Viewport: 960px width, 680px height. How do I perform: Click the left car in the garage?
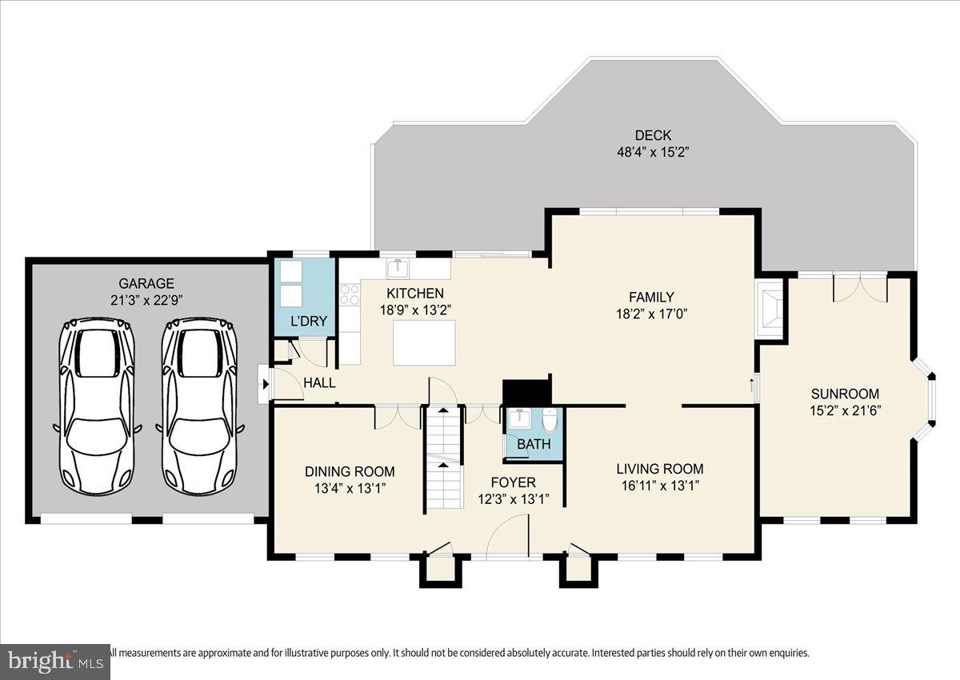pos(96,406)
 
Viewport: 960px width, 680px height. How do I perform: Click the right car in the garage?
pos(199,406)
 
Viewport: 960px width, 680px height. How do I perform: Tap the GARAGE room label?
pos(146,283)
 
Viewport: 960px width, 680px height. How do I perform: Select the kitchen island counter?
pos(425,342)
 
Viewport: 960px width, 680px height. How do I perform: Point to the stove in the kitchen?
pos(350,295)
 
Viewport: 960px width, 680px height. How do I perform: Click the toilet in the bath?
pos(550,421)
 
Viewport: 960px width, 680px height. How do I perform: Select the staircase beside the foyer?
pos(443,458)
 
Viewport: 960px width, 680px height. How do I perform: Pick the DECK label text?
pos(653,135)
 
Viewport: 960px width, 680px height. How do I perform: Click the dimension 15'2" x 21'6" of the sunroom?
pos(845,410)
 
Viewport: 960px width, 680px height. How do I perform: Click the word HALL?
pos(319,383)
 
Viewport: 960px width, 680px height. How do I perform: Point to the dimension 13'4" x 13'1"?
pos(350,487)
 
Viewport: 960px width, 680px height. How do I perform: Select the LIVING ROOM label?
pos(659,469)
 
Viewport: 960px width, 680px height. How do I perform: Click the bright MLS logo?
pos(54,662)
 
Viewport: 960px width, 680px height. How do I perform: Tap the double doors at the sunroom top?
pos(860,288)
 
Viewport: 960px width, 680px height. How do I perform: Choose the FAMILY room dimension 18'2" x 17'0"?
pos(653,313)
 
